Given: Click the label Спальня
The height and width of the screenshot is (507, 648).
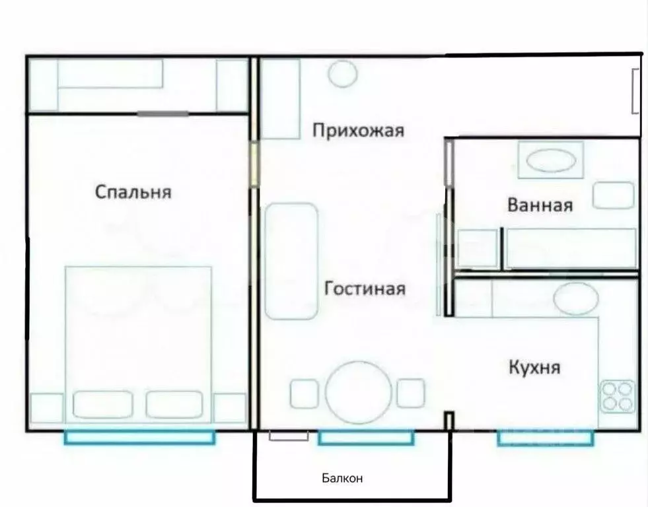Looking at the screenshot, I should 133,192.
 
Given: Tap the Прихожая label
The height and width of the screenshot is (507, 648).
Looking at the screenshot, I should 357,131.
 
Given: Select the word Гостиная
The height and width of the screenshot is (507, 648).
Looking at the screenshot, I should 365,288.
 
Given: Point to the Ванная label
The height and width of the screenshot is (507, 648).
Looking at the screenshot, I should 540,205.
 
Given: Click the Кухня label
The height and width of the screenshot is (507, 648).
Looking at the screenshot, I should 534,366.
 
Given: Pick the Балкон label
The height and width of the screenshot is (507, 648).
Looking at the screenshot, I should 342,478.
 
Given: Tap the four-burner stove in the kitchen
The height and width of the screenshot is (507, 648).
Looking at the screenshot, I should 618,396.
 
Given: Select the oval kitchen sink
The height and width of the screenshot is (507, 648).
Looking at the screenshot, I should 575,298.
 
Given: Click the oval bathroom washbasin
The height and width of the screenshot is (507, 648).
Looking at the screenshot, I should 551,161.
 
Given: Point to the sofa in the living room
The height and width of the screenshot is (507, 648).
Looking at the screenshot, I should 291,261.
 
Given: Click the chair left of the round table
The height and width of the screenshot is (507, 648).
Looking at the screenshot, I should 305,393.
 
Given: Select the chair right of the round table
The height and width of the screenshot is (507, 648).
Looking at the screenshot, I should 410,393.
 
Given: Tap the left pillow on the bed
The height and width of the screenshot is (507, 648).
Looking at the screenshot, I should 102,404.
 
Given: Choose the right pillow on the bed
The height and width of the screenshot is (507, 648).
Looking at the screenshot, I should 174,404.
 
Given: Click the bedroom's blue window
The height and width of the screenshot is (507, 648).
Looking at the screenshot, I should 139,436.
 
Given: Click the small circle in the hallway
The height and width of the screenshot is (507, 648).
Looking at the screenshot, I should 343,73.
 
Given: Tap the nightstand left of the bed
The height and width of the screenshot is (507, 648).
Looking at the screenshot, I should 47,407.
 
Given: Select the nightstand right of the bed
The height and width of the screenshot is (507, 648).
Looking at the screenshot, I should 230,407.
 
